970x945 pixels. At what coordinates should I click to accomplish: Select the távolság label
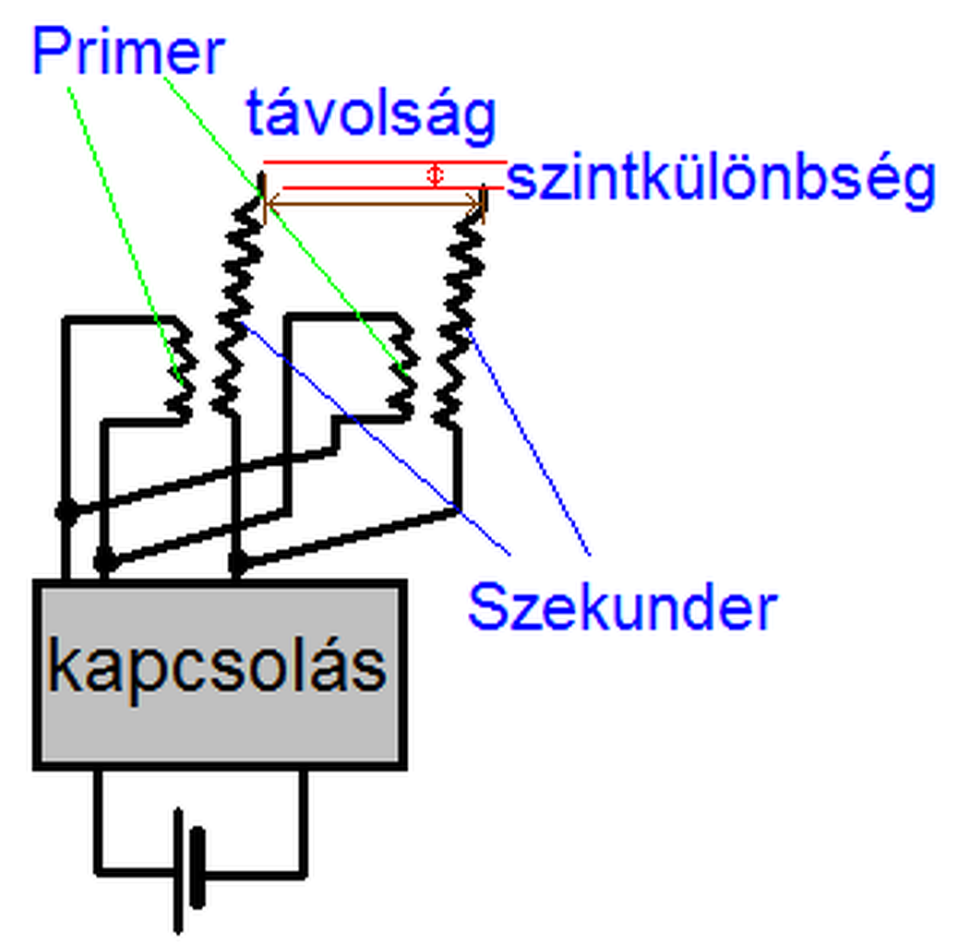[371, 115]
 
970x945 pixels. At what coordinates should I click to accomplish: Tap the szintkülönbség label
[721, 180]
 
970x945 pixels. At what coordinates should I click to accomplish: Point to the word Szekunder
[622, 606]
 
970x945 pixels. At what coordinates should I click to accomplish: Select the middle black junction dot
[106, 558]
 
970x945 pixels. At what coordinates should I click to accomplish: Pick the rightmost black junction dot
[237, 560]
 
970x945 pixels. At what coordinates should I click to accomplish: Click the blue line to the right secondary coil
[531, 443]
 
